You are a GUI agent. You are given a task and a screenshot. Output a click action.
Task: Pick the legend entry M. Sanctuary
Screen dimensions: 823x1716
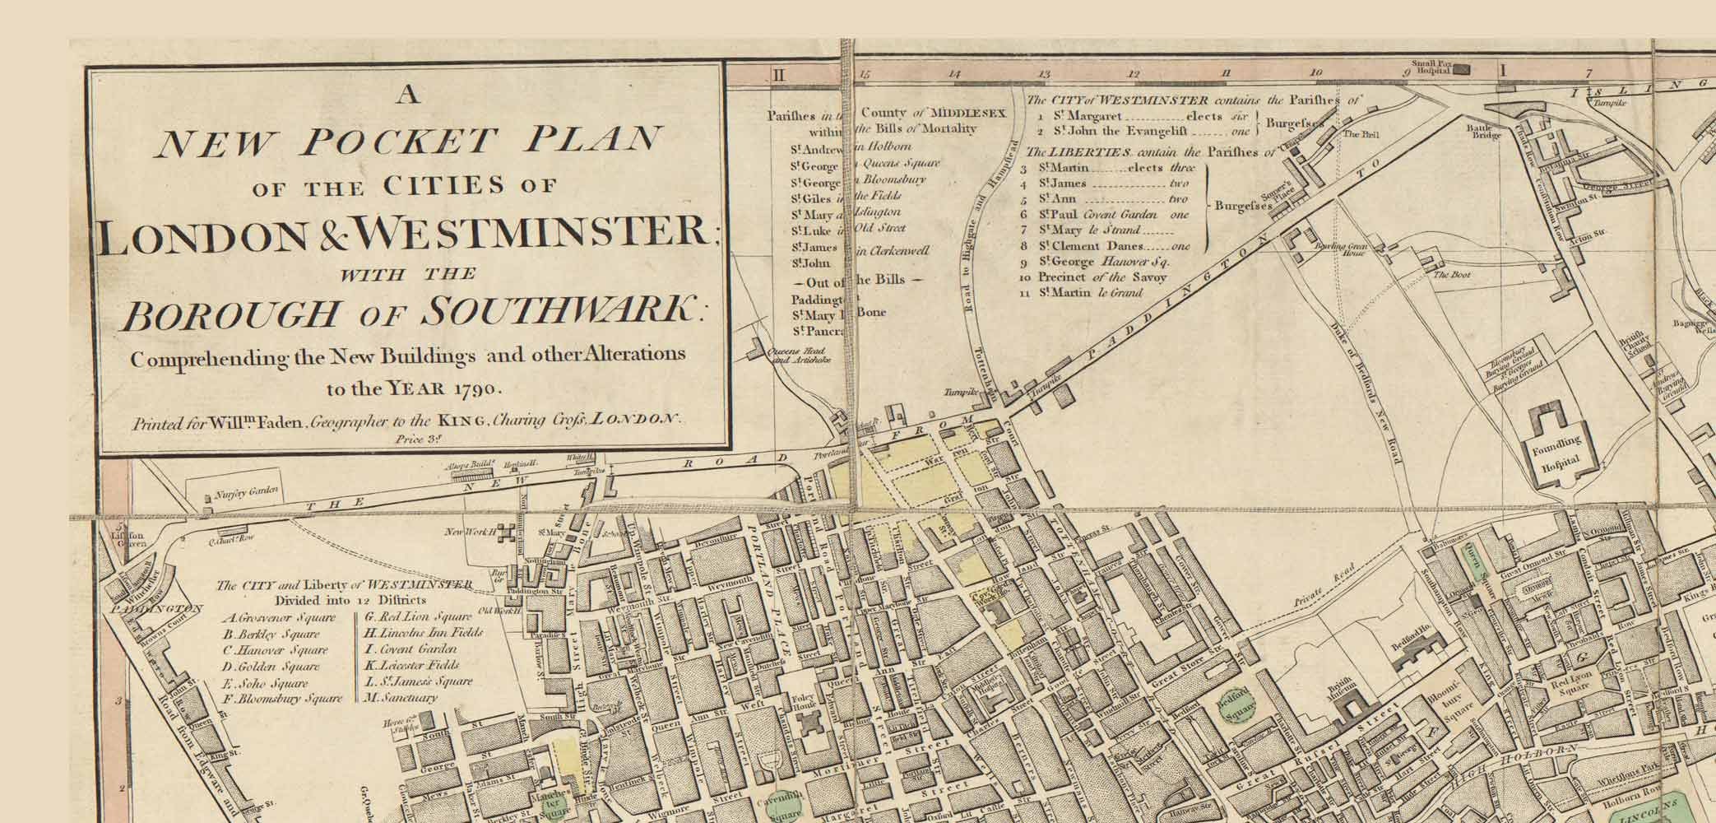(x=401, y=697)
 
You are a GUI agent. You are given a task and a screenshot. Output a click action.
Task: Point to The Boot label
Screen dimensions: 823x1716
(x=1452, y=274)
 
